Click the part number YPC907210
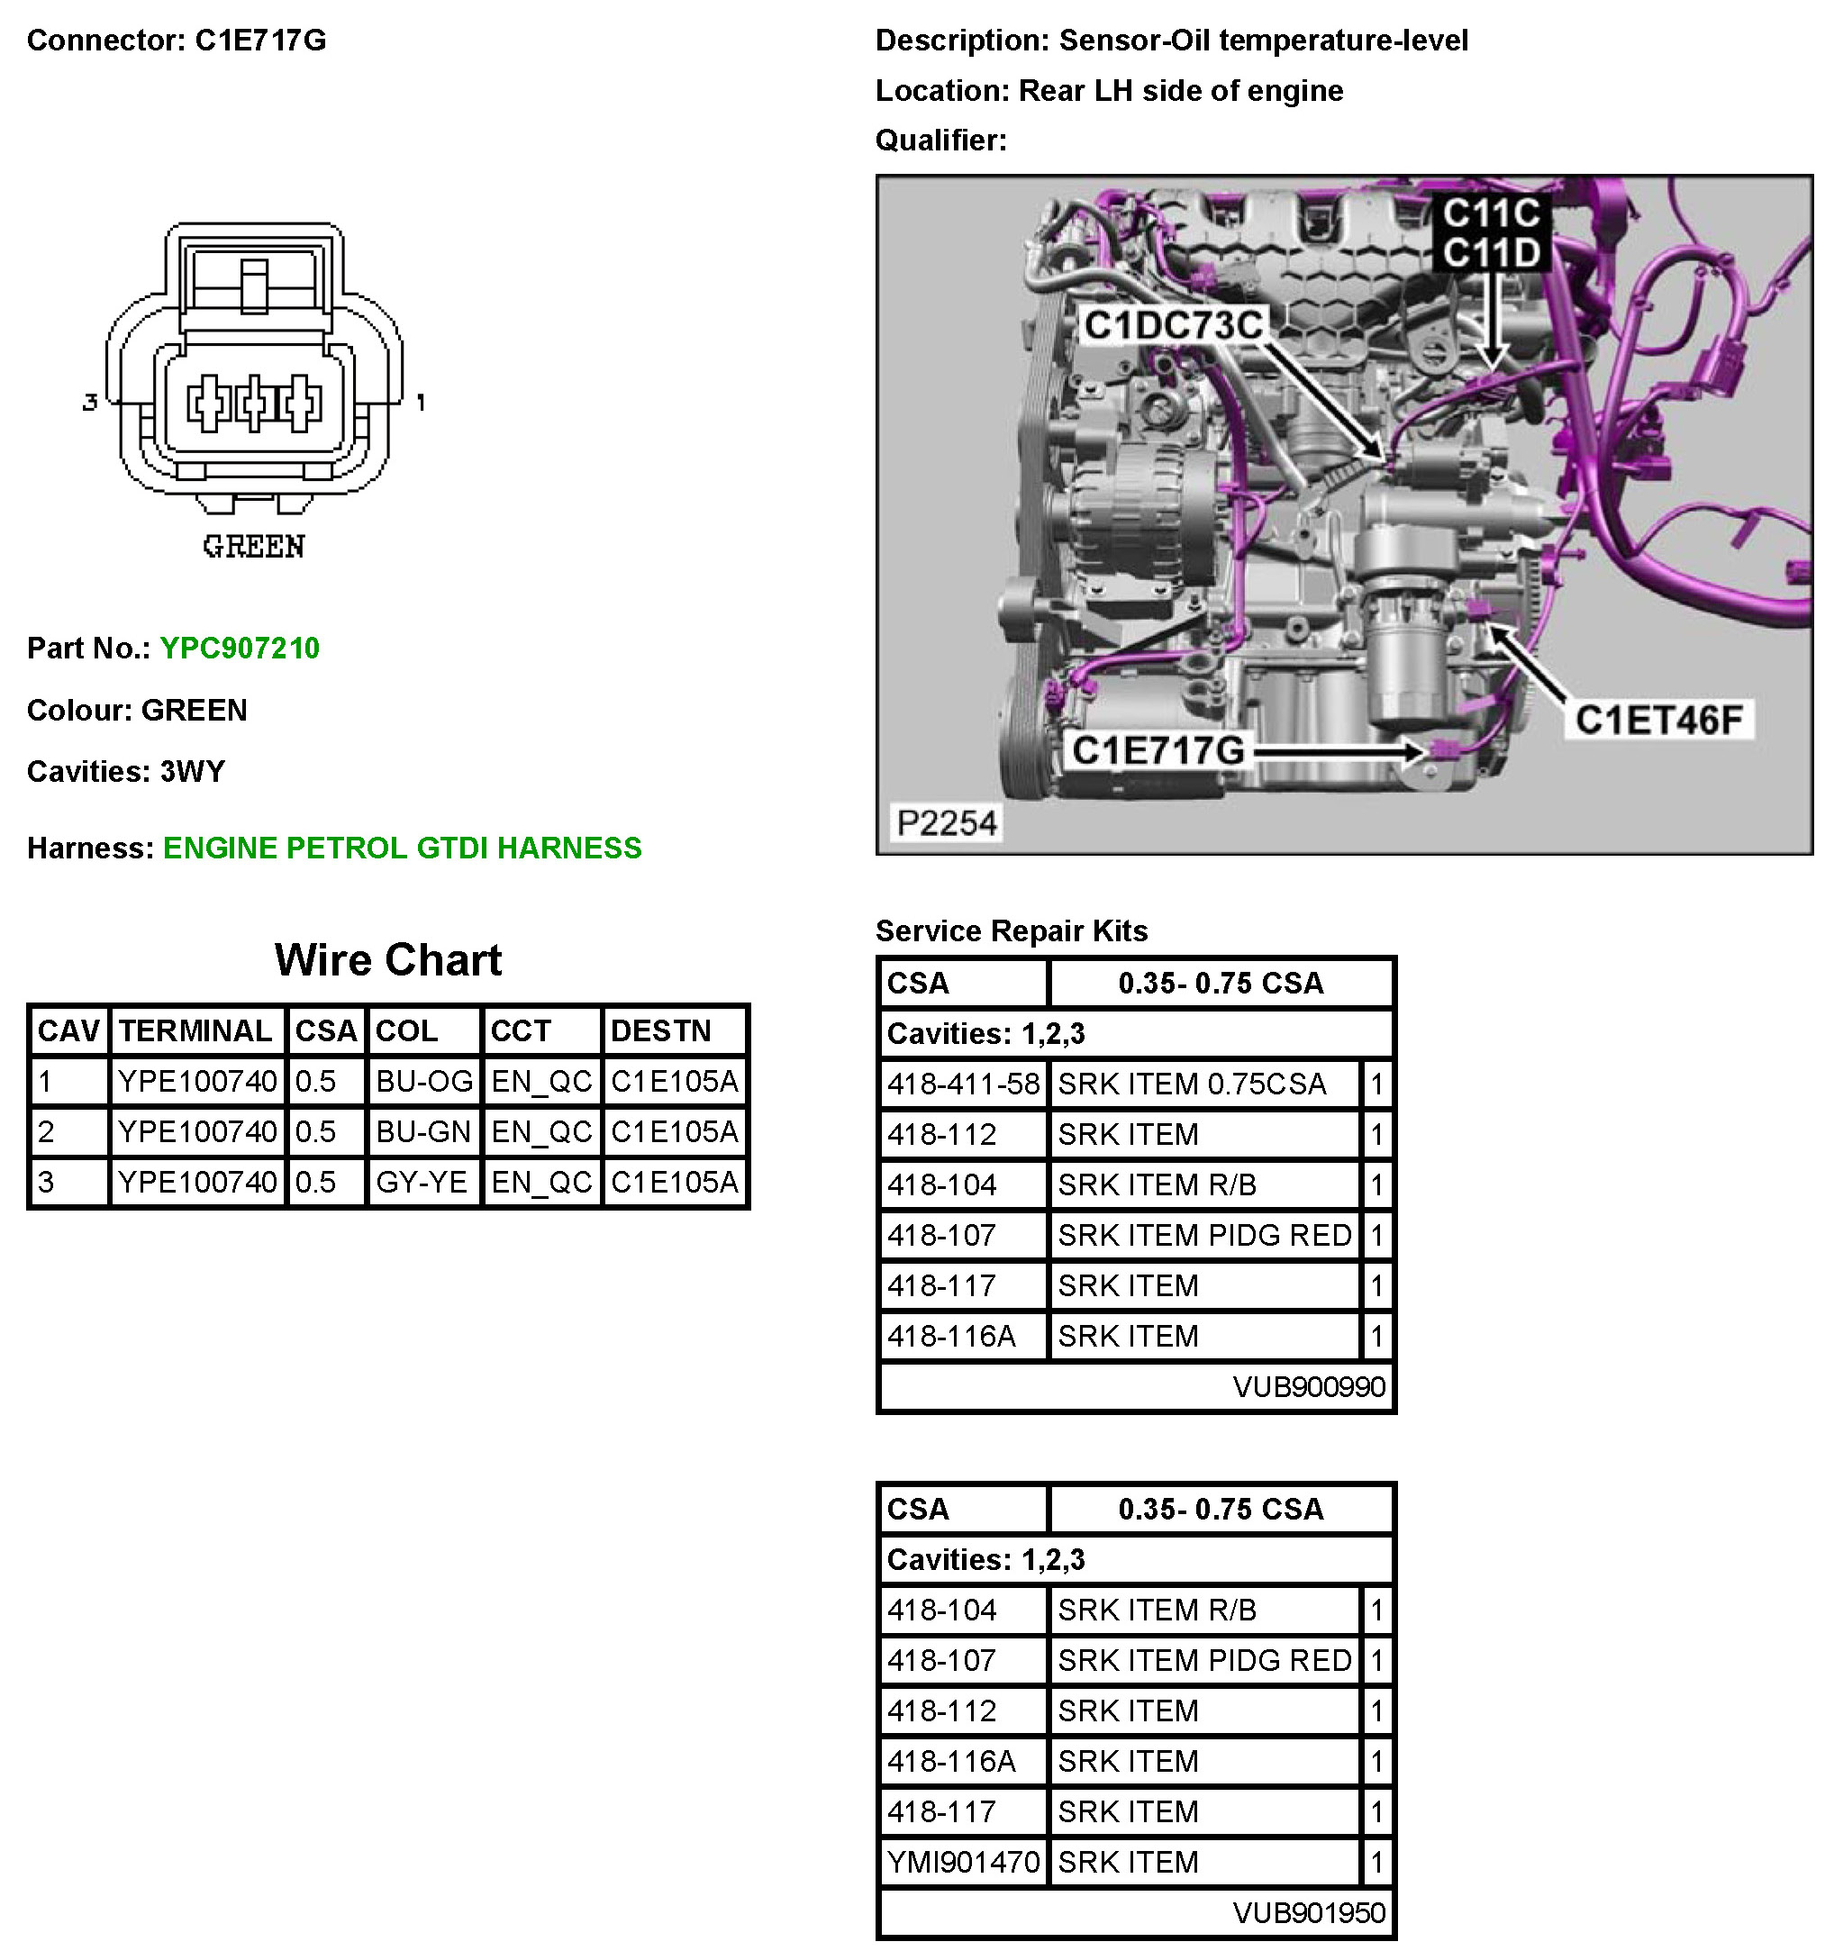240,648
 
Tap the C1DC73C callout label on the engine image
1173,325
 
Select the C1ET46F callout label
1658,720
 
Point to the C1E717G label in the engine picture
1158,750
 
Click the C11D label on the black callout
1491,253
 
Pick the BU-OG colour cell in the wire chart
424,1082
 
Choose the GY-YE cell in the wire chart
422,1182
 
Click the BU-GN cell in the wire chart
423,1132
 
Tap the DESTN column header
660,1031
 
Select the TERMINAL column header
195,1031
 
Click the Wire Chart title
387,959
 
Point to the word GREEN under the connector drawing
253,547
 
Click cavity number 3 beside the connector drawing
90,403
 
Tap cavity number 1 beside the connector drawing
421,403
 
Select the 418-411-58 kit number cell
963,1084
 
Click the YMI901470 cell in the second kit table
963,1863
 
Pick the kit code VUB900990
1309,1387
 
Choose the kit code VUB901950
1309,1914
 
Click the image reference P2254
946,822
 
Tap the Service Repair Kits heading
1012,930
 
